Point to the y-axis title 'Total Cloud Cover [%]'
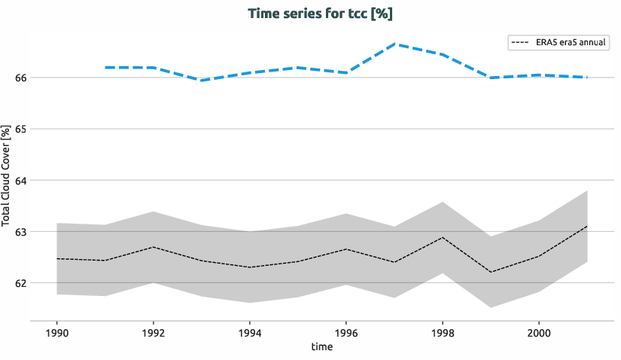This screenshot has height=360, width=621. pyautogui.click(x=7, y=176)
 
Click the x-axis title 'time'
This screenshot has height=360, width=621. pyautogui.click(x=321, y=347)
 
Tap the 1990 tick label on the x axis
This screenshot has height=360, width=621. pyautogui.click(x=56, y=332)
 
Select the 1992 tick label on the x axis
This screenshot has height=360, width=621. pyautogui.click(x=153, y=332)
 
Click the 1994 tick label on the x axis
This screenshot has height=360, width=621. pyautogui.click(x=249, y=332)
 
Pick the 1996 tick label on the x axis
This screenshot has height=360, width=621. pyautogui.click(x=346, y=332)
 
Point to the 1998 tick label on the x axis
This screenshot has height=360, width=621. pyautogui.click(x=442, y=332)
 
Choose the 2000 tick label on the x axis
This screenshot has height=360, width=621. pyautogui.click(x=538, y=332)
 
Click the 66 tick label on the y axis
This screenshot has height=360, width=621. pyautogui.click(x=20, y=78)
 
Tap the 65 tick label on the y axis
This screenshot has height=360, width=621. pyautogui.click(x=20, y=129)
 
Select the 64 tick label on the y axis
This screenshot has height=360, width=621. pyautogui.click(x=20, y=181)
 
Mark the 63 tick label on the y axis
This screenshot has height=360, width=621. pyautogui.click(x=20, y=232)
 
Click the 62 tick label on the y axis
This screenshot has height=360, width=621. pyautogui.click(x=20, y=283)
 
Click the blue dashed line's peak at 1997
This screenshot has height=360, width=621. pyautogui.click(x=394, y=44)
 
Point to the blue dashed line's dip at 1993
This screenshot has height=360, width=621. pyautogui.click(x=201, y=80)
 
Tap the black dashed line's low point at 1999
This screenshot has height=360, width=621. pyautogui.click(x=491, y=272)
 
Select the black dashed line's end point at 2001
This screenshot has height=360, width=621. pyautogui.click(x=587, y=226)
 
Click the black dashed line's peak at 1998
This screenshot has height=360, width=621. pyautogui.click(x=443, y=237)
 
